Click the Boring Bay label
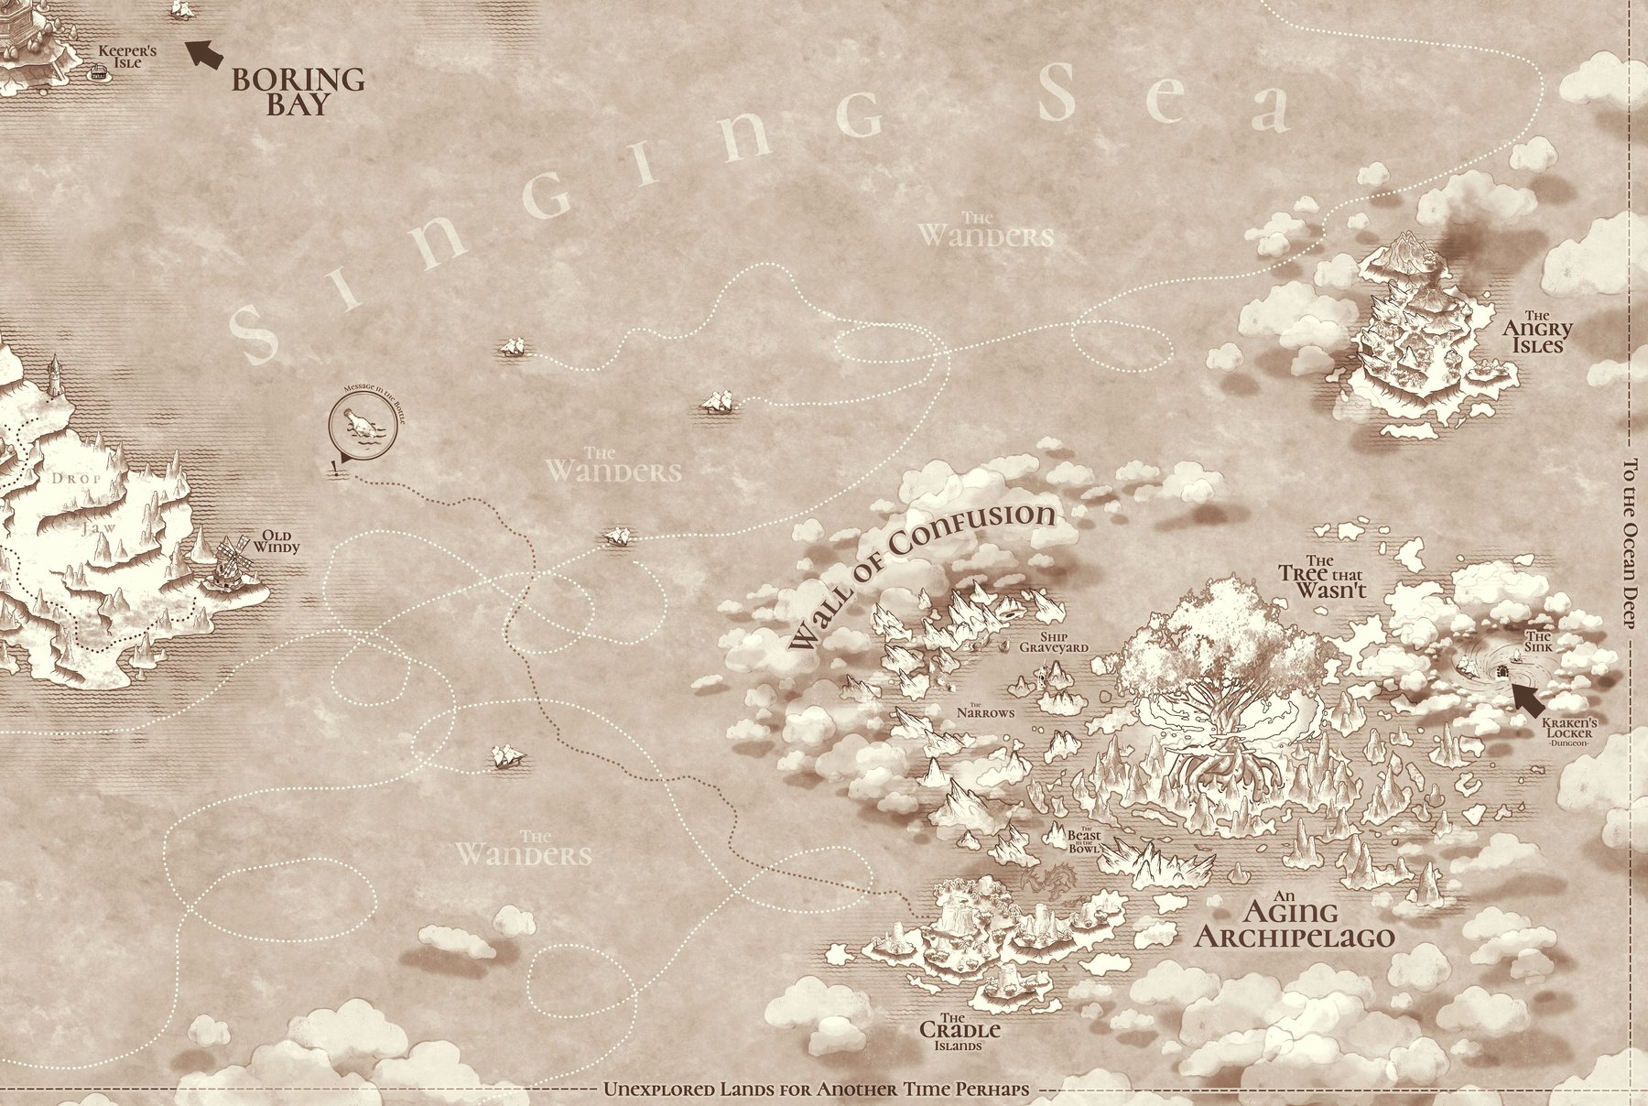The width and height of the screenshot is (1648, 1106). tap(298, 92)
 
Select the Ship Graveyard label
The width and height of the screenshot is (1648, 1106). tap(1055, 641)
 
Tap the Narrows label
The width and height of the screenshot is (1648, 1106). tap(985, 710)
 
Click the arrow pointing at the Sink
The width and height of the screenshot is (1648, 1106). tap(1526, 699)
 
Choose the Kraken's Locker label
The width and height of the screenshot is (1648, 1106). tap(1569, 728)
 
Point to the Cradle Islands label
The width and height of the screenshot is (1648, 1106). tap(960, 1032)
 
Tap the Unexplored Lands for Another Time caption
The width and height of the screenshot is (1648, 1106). tap(817, 1090)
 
